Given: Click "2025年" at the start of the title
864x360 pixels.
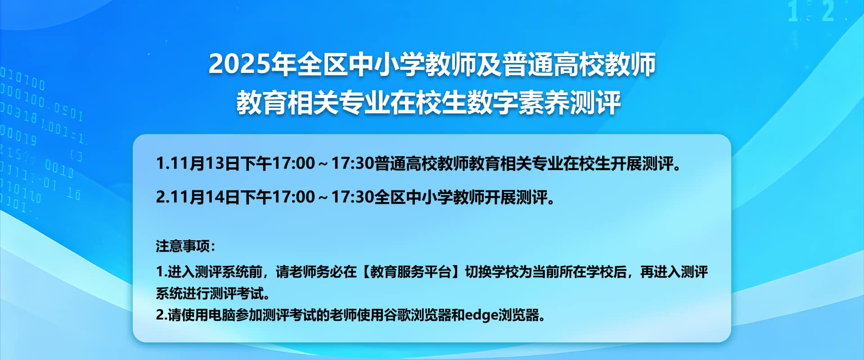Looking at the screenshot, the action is tap(252, 64).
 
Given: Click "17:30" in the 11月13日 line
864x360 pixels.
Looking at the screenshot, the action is tap(352, 163).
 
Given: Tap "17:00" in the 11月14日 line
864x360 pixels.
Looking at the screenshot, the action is tap(293, 197).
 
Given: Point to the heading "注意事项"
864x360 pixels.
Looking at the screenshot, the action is tap(183, 246).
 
